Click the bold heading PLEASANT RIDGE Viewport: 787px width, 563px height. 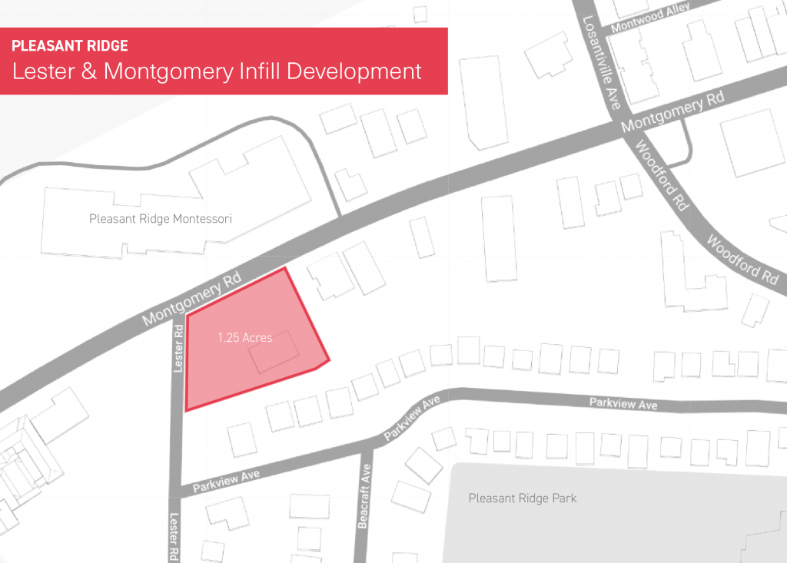click(x=70, y=46)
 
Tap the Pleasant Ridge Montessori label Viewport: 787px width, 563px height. click(x=160, y=220)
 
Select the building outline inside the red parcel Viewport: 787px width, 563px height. click(x=274, y=352)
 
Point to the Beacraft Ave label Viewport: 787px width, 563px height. click(x=364, y=496)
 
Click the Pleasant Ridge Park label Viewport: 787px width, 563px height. click(x=523, y=498)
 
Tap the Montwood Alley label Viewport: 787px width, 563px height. click(x=650, y=17)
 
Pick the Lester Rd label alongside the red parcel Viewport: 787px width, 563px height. click(x=178, y=349)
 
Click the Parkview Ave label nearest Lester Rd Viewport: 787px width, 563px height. click(x=226, y=481)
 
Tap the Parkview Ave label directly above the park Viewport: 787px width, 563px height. click(x=623, y=403)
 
